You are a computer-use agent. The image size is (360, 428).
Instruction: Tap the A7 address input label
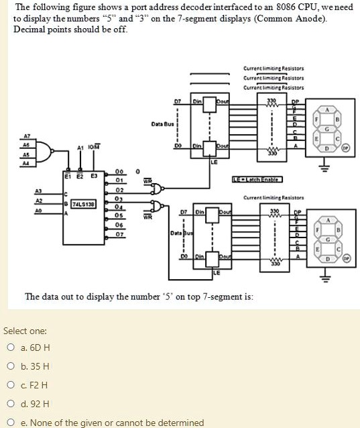pos(27,133)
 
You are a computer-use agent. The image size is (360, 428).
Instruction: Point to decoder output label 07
pos(119,235)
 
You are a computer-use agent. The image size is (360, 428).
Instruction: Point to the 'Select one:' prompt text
pos(25,331)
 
